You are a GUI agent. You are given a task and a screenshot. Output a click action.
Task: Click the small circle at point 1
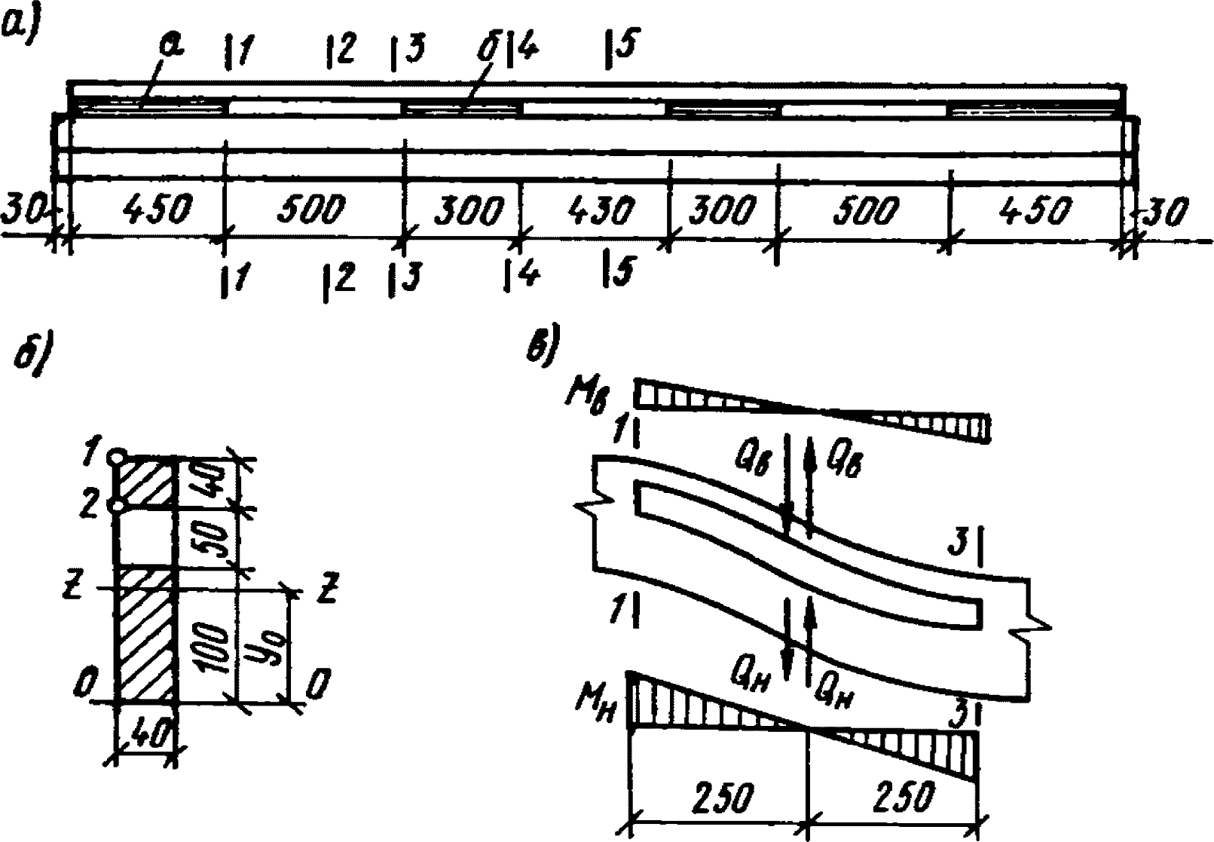point(116,457)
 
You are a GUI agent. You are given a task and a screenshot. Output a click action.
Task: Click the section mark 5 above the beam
point(619,47)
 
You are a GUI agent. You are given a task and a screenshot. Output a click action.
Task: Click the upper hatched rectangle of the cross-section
point(146,482)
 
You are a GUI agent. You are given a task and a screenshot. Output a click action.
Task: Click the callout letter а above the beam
point(173,47)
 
